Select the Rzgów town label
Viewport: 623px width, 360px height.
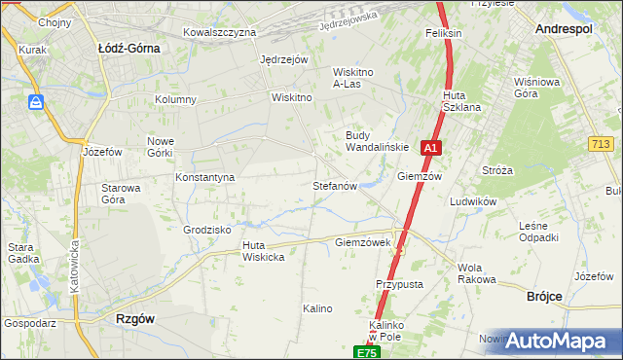135,318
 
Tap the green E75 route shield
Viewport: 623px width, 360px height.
366,352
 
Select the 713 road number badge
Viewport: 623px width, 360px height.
601,144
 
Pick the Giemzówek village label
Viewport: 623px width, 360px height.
362,241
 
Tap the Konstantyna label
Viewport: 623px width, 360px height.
204,178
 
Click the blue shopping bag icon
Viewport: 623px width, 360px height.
36,102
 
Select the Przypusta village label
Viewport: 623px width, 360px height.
399,284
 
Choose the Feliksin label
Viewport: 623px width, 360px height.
443,33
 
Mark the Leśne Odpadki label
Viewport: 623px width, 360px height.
538,232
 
